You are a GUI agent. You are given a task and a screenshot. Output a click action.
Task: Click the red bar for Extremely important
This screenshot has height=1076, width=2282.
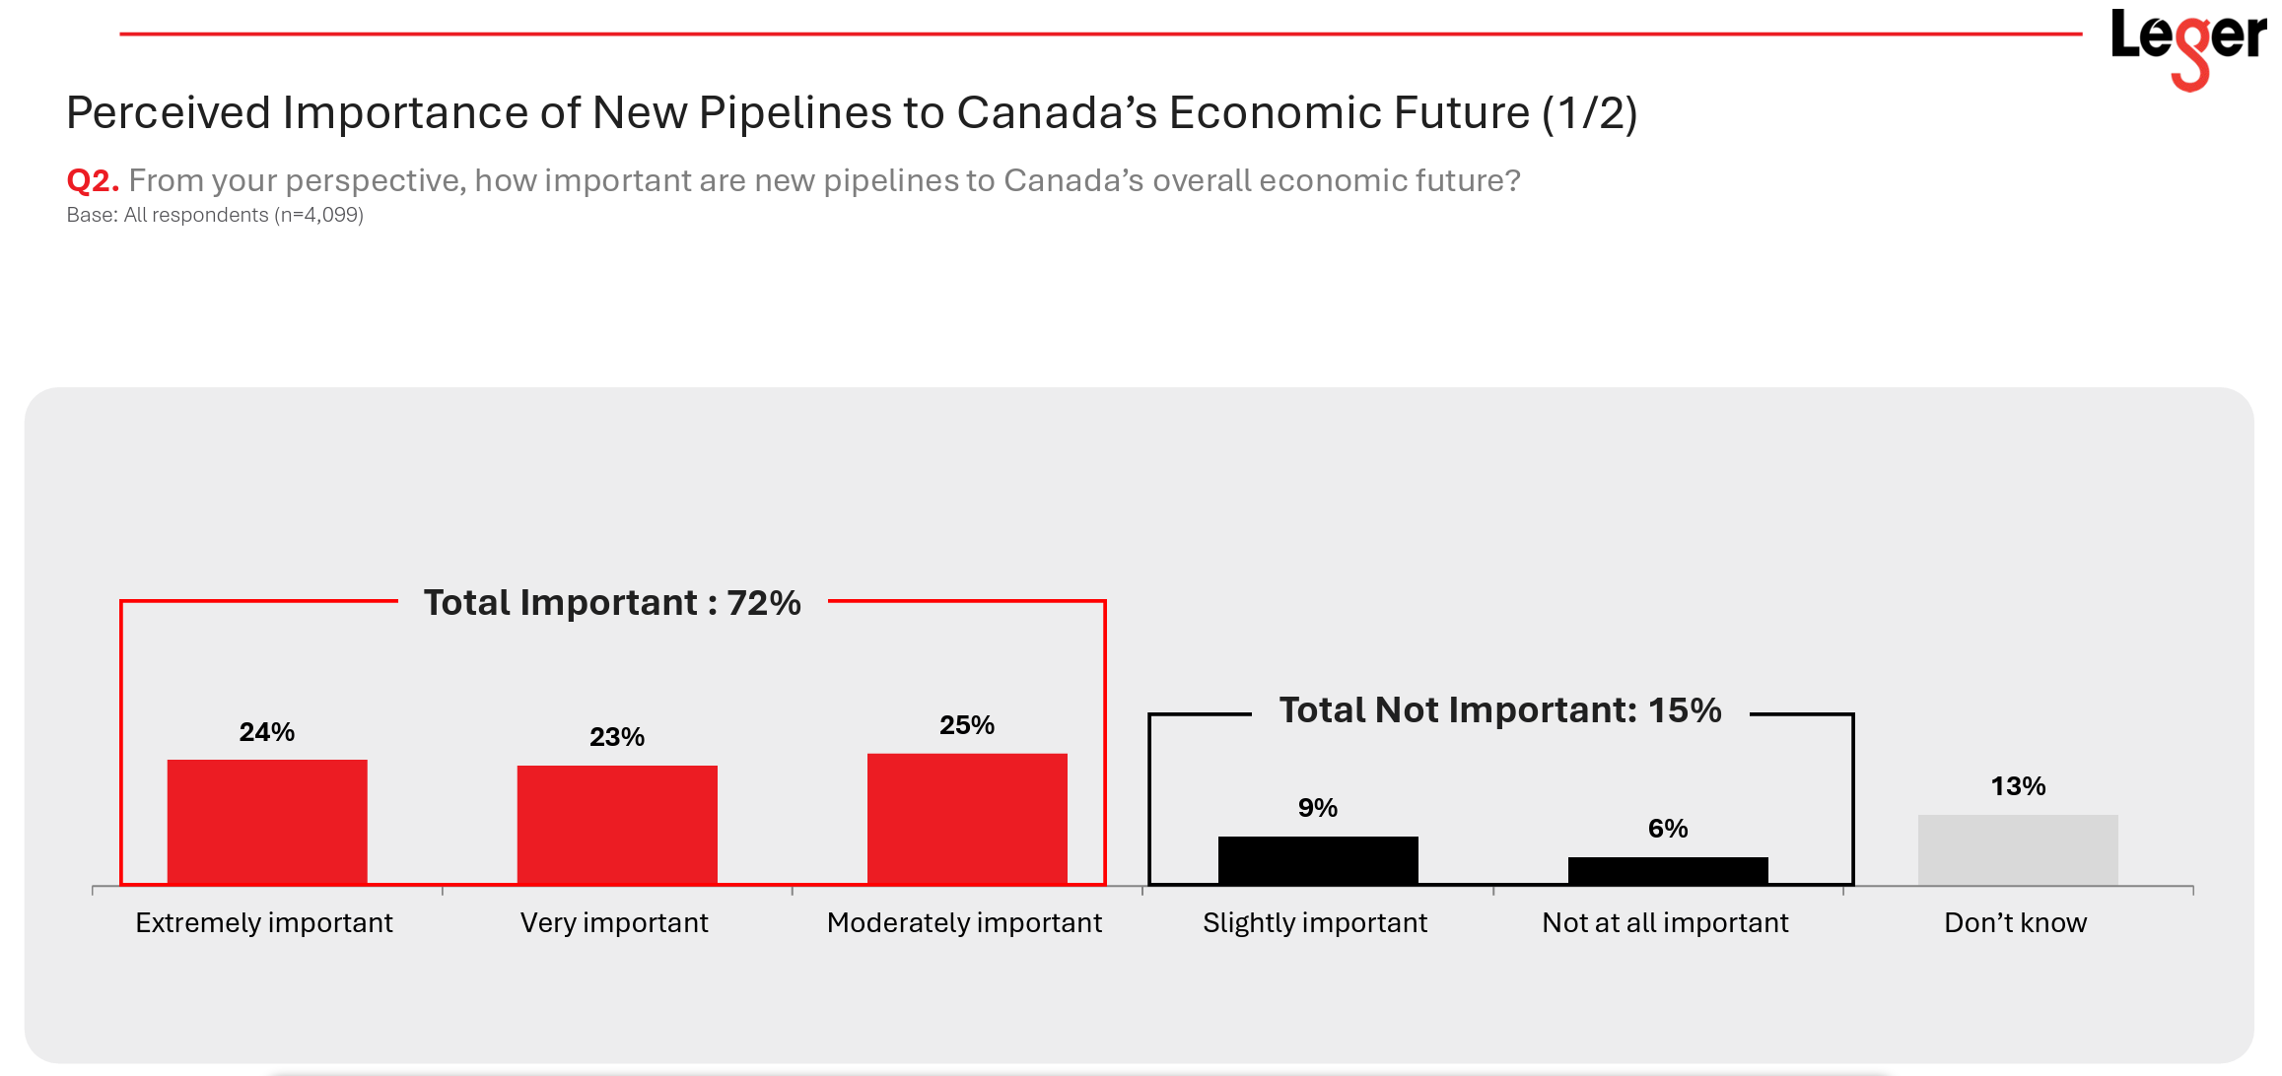click(267, 822)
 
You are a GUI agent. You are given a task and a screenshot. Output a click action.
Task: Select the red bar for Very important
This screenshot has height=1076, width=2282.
click(617, 825)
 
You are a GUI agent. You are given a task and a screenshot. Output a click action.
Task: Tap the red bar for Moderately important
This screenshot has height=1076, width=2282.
click(967, 819)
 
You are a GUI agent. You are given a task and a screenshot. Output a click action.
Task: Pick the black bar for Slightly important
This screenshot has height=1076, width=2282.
click(1318, 860)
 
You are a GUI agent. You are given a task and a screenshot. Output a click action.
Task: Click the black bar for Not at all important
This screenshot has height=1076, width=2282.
click(1668, 871)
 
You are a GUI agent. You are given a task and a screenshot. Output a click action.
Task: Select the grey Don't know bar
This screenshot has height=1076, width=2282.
click(2018, 849)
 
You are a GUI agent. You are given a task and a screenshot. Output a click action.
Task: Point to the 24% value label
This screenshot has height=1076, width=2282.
click(267, 732)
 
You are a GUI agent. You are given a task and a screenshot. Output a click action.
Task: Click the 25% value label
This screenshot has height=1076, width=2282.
click(967, 725)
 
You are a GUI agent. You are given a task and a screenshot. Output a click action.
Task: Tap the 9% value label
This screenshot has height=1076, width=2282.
click(1318, 808)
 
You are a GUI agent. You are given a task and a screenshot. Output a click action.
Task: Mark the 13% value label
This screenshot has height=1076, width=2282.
click(2018, 786)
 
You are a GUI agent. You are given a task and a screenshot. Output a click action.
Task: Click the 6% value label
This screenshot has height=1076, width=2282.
click(1668, 829)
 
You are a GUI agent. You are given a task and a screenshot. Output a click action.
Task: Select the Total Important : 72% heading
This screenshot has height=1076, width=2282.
click(612, 603)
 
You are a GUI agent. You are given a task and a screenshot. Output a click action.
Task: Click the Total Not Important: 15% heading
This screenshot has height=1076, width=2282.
click(1500, 710)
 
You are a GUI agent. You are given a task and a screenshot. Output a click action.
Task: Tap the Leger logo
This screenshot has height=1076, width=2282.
click(2188, 44)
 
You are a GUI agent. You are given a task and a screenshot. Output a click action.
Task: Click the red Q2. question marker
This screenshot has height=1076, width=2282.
click(93, 181)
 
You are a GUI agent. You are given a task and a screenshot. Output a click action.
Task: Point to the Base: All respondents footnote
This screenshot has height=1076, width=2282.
click(215, 215)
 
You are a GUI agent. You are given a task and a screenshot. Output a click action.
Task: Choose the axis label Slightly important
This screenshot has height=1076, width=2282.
click(1315, 923)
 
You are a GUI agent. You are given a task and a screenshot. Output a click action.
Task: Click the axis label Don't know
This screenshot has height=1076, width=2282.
click(2015, 923)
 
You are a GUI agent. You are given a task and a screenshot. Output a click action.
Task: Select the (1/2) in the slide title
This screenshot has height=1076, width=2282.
click(1590, 113)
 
